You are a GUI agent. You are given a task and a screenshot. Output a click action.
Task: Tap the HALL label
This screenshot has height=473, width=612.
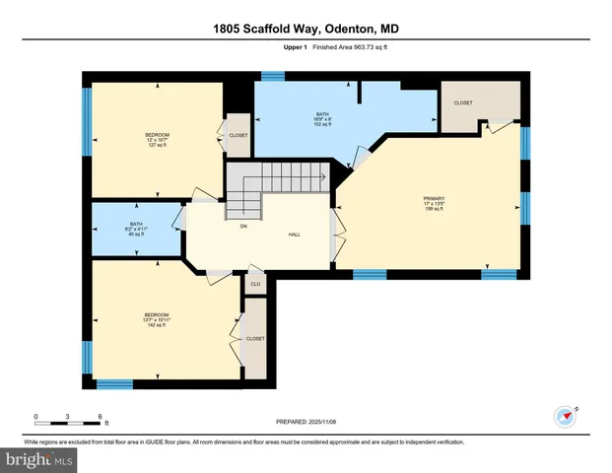(x=294, y=235)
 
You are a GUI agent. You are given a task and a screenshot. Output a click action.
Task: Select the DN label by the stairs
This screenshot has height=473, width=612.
(x=242, y=225)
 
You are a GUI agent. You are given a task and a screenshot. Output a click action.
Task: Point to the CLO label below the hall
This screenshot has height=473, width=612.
(x=254, y=284)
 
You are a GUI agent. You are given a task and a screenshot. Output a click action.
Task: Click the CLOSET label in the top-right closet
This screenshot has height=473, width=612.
(x=463, y=102)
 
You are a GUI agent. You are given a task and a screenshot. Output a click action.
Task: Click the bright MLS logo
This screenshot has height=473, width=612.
(x=39, y=459)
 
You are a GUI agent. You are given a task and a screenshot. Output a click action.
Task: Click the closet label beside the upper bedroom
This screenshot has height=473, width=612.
(x=238, y=135)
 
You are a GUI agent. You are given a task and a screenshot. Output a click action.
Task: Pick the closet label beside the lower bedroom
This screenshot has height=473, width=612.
(x=255, y=337)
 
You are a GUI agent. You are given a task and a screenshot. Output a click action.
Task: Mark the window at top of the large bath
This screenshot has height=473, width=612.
(x=272, y=75)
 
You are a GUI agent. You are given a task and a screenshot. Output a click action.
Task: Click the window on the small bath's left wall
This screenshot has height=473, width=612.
(x=87, y=228)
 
